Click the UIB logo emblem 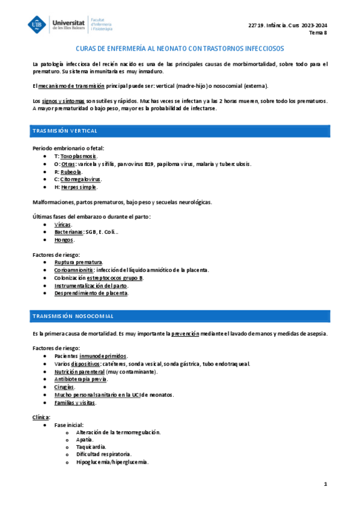pos(38,25)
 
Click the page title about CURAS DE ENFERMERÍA pos(180,49)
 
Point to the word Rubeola pos(71,171)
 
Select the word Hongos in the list pos(64,240)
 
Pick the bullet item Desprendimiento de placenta pos(91,293)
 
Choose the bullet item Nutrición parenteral pos(75,372)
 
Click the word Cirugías pos(65,387)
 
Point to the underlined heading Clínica pos(41,417)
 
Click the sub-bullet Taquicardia pos(91,447)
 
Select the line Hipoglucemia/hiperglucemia pos(112,462)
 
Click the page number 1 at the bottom pos(325,484)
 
